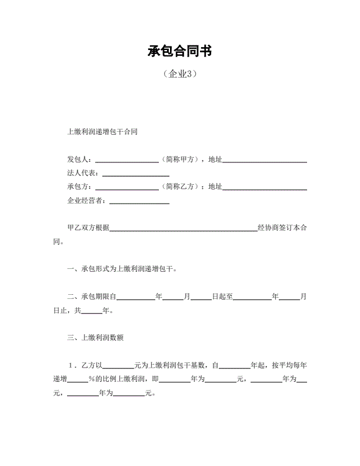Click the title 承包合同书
point(179,51)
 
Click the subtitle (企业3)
point(179,74)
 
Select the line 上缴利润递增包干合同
point(102,132)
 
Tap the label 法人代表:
point(85,174)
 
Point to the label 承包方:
point(81,187)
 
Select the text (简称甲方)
point(180,159)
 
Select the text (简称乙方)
point(180,187)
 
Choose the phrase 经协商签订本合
point(282,228)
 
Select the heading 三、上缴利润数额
point(95,338)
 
